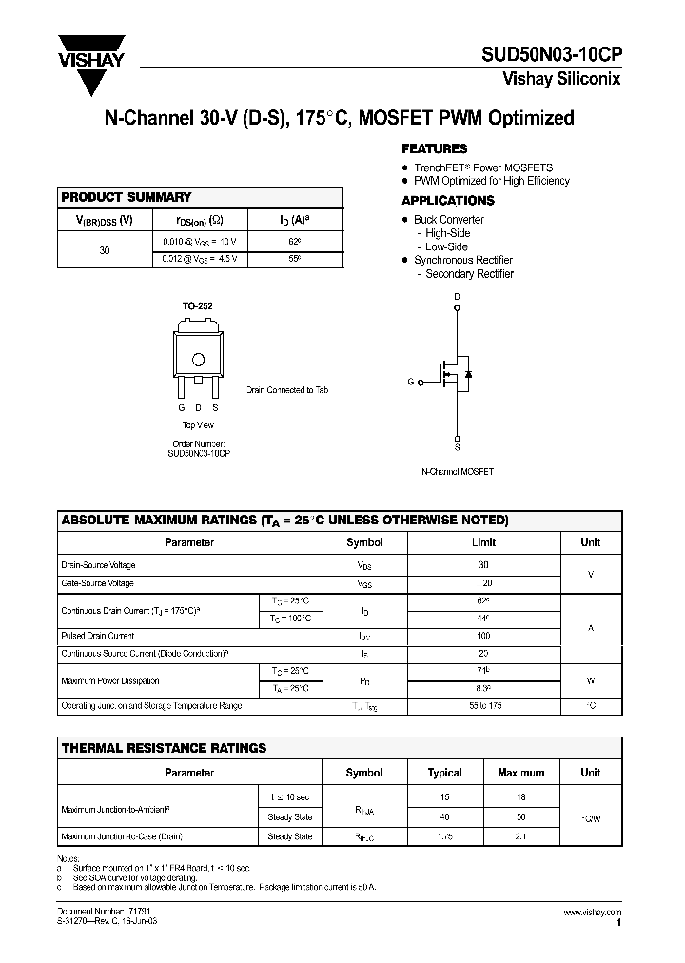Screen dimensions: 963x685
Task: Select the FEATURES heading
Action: click(x=434, y=149)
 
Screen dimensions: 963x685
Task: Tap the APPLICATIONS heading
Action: click(x=447, y=201)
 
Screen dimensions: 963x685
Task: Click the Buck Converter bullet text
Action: click(x=448, y=220)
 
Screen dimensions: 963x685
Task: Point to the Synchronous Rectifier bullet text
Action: click(x=462, y=260)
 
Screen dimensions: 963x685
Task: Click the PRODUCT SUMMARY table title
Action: click(x=127, y=197)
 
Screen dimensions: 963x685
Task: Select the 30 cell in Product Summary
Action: click(x=105, y=250)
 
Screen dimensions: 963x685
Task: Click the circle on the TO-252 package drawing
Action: click(x=199, y=360)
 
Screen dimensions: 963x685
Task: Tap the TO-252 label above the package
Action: click(x=198, y=306)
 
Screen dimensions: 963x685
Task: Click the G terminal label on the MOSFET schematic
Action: click(x=411, y=383)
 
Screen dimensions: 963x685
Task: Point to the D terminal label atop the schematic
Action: click(x=457, y=297)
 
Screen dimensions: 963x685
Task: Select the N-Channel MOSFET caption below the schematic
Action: click(x=457, y=472)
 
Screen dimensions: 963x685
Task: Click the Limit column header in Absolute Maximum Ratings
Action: click(x=483, y=542)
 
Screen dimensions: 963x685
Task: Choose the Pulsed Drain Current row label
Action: click(x=98, y=636)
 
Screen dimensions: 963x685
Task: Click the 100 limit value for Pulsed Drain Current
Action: click(x=483, y=636)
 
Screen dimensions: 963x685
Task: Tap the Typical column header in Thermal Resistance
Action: click(x=444, y=773)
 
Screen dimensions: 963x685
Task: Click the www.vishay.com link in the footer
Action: click(x=592, y=912)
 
